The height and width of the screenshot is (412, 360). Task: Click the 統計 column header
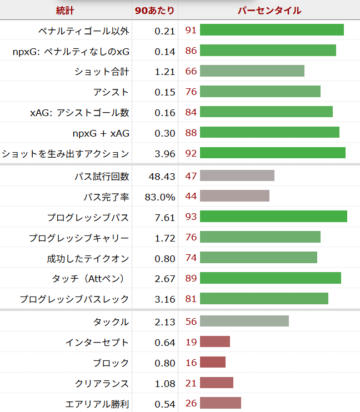tap(66, 10)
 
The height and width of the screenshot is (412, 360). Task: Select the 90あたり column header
tap(155, 10)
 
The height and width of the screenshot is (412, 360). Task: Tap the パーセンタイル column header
tap(269, 10)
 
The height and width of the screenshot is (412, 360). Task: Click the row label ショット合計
tap(102, 71)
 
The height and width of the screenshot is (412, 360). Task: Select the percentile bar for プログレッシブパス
tap(273, 217)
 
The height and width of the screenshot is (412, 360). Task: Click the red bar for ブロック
tap(213, 363)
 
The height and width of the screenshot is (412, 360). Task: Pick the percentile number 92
tap(191, 153)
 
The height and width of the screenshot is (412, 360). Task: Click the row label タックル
tap(111, 321)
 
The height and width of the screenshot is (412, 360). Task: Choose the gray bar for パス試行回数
tap(237, 175)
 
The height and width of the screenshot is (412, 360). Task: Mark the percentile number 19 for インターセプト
tap(191, 342)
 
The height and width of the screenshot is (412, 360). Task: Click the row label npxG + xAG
tap(101, 133)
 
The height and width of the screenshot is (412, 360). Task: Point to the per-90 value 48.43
tap(162, 176)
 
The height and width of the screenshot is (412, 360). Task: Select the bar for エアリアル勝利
tap(221, 403)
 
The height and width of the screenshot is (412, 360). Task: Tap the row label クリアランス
tap(102, 383)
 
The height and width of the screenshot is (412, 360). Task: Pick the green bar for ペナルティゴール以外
tap(272, 30)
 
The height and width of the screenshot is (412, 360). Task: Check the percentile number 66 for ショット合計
tap(191, 71)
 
